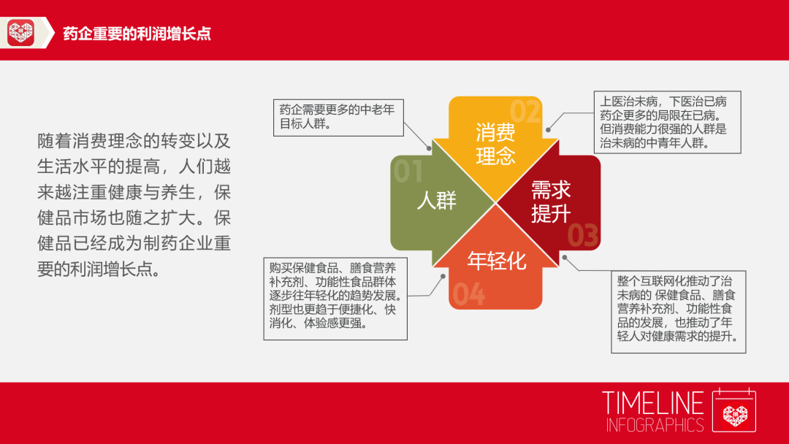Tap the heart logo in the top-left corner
21,33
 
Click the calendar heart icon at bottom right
734,411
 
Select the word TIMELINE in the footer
652,404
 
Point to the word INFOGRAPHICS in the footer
654,425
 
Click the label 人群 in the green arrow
436,200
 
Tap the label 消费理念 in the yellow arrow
495,144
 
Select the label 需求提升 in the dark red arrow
551,202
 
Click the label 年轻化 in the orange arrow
496,261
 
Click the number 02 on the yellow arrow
525,112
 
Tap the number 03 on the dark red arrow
583,235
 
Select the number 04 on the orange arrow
468,294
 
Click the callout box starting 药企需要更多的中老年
338,117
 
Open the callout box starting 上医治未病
664,122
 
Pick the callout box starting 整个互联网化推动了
678,310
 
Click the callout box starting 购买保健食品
335,297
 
